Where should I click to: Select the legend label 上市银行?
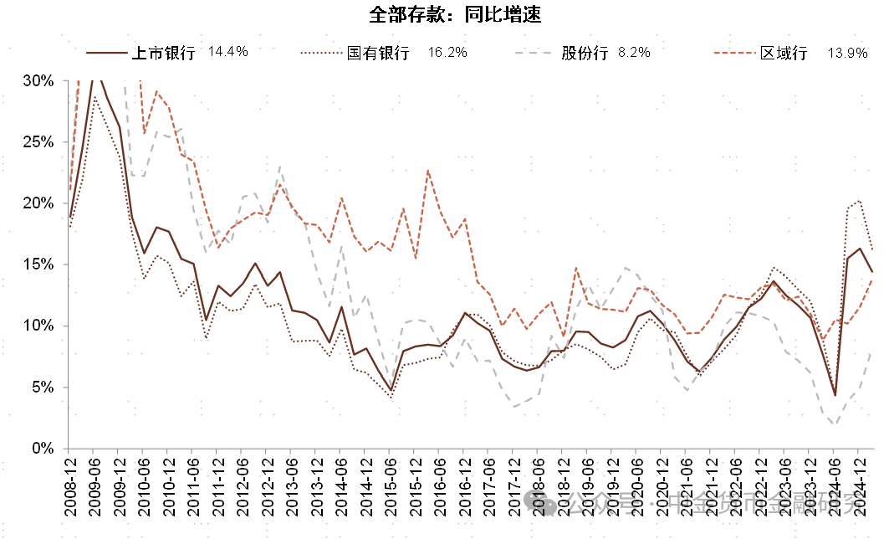(163, 53)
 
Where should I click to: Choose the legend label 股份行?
(584, 53)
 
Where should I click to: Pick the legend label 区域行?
(784, 53)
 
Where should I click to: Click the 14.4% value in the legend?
(228, 52)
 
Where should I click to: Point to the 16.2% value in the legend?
(447, 52)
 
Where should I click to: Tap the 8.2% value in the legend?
(634, 52)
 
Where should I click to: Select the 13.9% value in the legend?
(848, 53)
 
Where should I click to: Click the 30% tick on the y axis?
(38, 81)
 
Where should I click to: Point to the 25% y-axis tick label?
(38, 142)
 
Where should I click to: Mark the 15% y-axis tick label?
(38, 264)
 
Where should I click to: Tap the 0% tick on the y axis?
(43, 449)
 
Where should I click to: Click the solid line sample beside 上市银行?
(106, 53)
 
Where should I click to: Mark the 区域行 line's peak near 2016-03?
(428, 171)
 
